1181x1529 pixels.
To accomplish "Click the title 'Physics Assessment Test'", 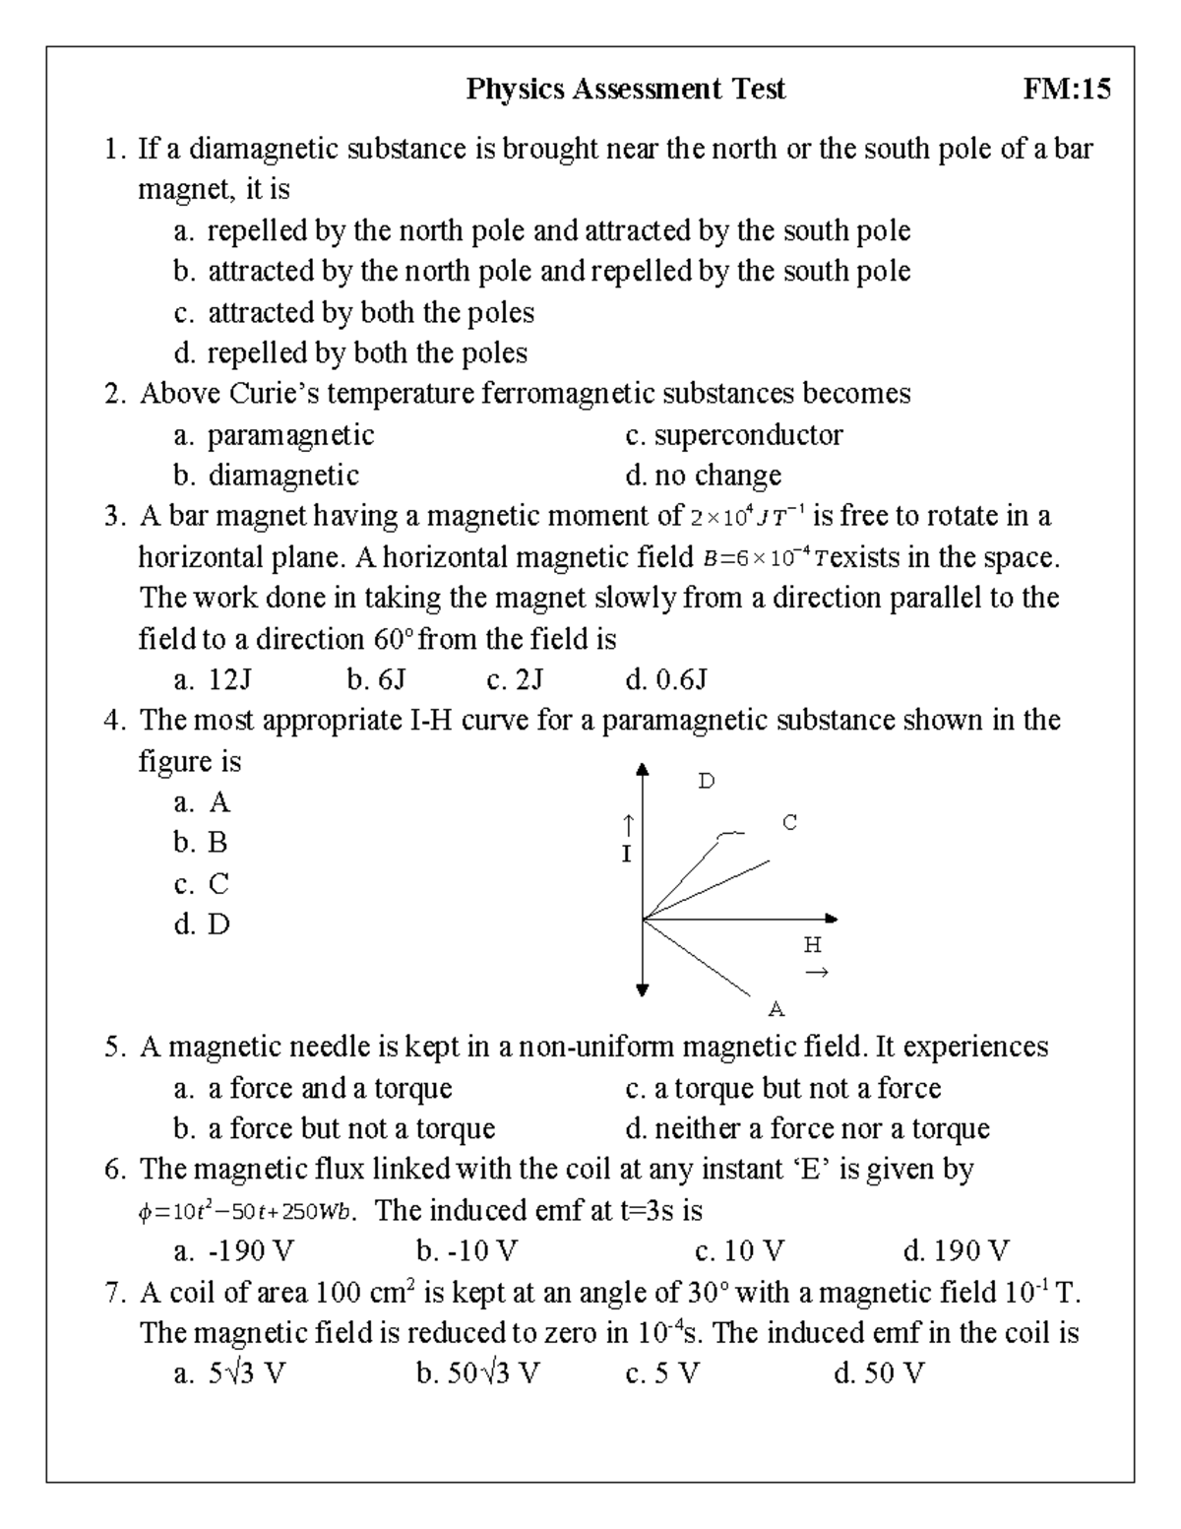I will (626, 90).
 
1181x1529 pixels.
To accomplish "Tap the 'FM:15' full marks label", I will (1067, 90).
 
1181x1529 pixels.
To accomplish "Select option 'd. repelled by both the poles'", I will (350, 352).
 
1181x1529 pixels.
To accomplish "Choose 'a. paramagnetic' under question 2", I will (274, 434).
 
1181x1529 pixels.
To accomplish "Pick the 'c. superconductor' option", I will (734, 434).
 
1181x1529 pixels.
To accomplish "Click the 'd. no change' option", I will (704, 476).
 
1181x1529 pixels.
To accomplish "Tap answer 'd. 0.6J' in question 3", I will (666, 679).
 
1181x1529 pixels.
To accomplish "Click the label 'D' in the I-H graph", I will (707, 782).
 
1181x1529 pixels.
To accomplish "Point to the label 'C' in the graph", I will (789, 822).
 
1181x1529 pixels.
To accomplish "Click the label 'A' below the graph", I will (776, 1009).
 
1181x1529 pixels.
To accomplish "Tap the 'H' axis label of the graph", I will (812, 946).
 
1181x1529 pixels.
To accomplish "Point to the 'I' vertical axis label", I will (626, 854).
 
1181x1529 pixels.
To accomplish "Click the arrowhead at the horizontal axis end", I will (831, 919).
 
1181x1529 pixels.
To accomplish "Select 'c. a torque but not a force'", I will (783, 1088).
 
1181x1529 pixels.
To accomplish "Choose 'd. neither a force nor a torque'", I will (807, 1128).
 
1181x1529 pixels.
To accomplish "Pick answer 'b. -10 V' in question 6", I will (466, 1251).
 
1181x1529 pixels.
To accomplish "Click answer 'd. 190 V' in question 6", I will (956, 1251).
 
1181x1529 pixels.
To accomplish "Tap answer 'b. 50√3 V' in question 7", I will (478, 1373).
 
